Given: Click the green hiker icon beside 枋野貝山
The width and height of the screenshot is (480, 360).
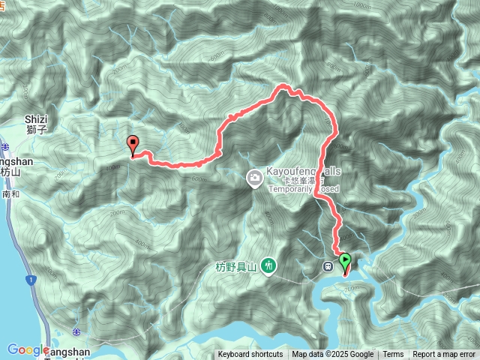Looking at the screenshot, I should click(x=270, y=265).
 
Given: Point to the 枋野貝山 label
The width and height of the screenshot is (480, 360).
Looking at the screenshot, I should click(x=235, y=266).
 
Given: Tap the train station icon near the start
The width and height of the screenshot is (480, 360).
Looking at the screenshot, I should click(x=328, y=265).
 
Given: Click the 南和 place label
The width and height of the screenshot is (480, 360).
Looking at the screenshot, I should click(x=10, y=193).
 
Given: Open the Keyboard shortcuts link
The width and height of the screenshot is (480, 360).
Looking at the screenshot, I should click(x=250, y=355).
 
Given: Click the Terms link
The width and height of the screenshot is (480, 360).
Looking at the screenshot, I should click(x=393, y=355).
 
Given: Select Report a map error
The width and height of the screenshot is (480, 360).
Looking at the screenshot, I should click(x=444, y=355).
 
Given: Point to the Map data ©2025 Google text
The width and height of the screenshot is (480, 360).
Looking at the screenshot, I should click(x=333, y=355).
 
